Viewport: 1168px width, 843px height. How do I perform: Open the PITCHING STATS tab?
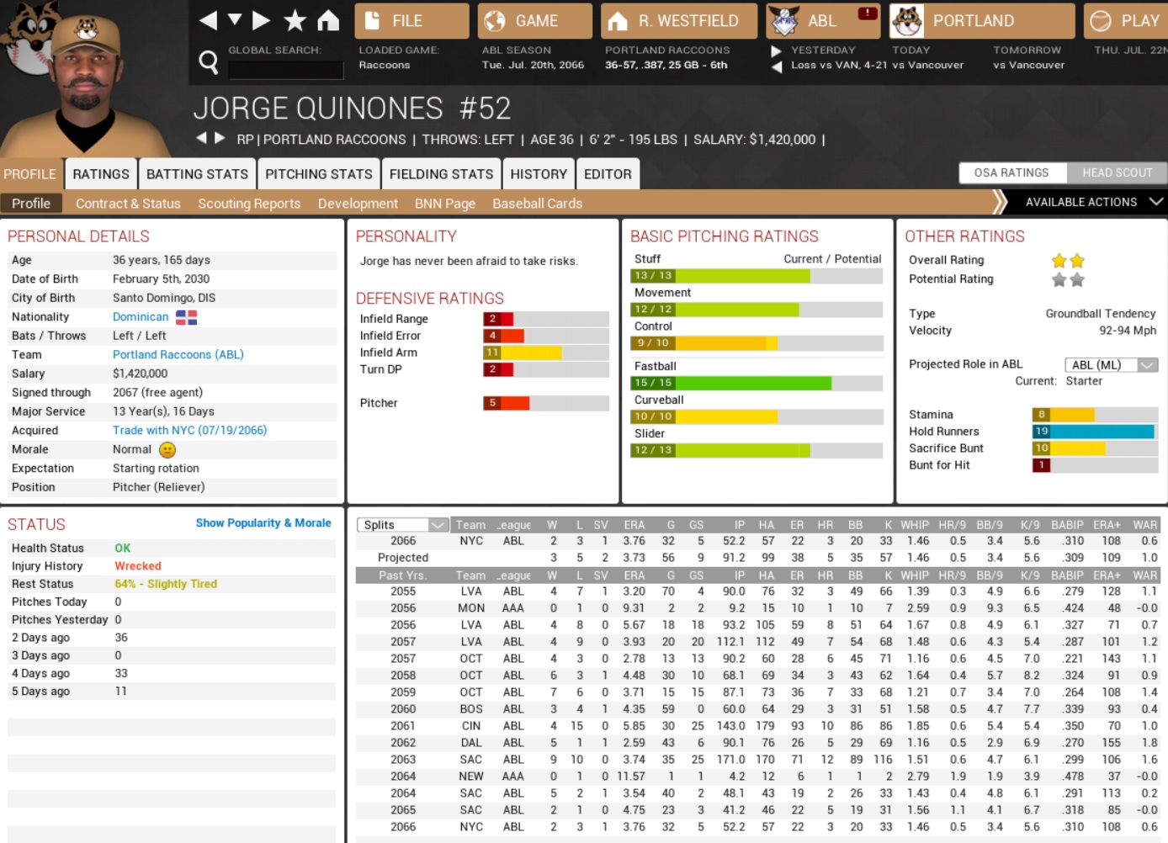pos(318,174)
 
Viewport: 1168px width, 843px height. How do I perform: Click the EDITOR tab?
pos(607,174)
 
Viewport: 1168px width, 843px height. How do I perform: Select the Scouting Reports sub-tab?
pos(249,204)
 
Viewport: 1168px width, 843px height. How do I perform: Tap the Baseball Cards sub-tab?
pos(537,204)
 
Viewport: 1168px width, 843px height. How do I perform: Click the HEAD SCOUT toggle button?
pos(1117,172)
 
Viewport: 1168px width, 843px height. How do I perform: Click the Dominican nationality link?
pos(141,317)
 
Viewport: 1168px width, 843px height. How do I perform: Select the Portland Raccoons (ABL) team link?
pos(178,355)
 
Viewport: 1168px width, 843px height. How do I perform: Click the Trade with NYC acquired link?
pos(189,431)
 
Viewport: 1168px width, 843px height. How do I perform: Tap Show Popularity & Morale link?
pos(263,523)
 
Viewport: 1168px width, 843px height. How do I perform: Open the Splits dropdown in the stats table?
pos(403,525)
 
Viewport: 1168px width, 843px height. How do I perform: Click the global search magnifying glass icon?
pos(208,61)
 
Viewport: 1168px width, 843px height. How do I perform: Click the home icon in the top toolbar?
pos(327,20)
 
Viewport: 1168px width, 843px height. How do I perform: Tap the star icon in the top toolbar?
pos(295,20)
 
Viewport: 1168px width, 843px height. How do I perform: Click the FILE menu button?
pos(411,21)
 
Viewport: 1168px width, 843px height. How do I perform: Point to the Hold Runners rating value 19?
pos(1042,432)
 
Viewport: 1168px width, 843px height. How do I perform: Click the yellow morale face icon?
pos(167,450)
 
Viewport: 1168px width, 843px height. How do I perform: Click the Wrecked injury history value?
pos(138,566)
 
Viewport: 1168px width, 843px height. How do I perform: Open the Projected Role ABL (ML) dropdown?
pos(1111,365)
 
